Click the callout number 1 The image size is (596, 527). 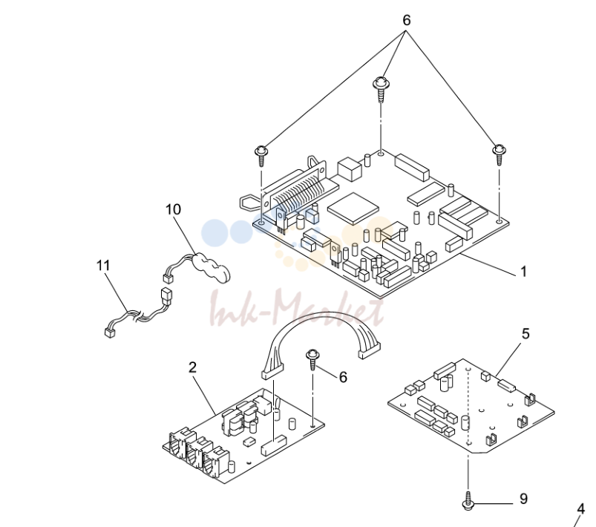tap(523, 272)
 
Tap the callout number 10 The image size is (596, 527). tap(174, 209)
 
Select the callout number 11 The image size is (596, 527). tap(103, 266)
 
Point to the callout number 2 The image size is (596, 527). tap(193, 367)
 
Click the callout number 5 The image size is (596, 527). tap(525, 334)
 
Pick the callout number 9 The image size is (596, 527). tap(523, 499)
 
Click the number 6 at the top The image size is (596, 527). tap(407, 20)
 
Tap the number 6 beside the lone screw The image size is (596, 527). tap(343, 377)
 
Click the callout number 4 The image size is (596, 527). tap(581, 508)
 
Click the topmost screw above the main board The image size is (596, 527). tap(380, 89)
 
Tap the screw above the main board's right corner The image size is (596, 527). tap(499, 154)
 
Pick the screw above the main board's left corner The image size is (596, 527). tap(261, 156)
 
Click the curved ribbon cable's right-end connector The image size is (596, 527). tap(370, 350)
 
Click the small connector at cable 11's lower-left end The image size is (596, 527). tap(110, 333)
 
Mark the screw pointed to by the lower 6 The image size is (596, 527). tap(312, 359)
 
